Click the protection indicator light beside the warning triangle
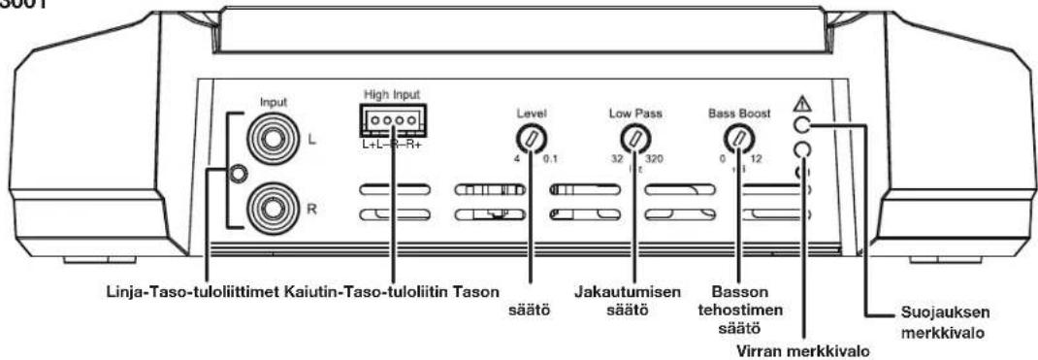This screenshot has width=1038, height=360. (801, 125)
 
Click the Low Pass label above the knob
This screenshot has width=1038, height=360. (635, 112)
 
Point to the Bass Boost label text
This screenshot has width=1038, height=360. (740, 112)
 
